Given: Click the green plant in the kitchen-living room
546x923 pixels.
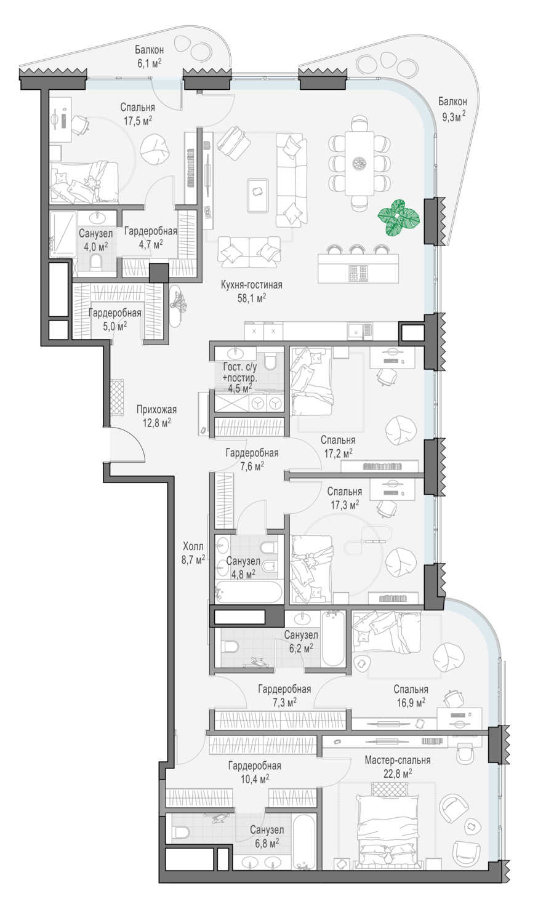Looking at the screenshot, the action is click(399, 218).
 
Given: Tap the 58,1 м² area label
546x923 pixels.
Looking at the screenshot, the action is click(251, 298).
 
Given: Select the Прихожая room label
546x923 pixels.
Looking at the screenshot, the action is click(156, 410).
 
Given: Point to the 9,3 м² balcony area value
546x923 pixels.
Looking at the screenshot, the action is click(454, 117).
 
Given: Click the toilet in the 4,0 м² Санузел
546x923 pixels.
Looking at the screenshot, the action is click(96, 262).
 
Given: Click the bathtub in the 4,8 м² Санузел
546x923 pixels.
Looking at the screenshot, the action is click(249, 592).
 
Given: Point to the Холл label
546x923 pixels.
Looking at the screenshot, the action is click(193, 546).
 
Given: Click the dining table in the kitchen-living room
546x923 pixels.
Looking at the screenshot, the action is click(359, 163).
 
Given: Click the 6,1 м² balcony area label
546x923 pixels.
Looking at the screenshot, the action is click(148, 62).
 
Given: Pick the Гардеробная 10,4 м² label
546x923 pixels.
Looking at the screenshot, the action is click(255, 772).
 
